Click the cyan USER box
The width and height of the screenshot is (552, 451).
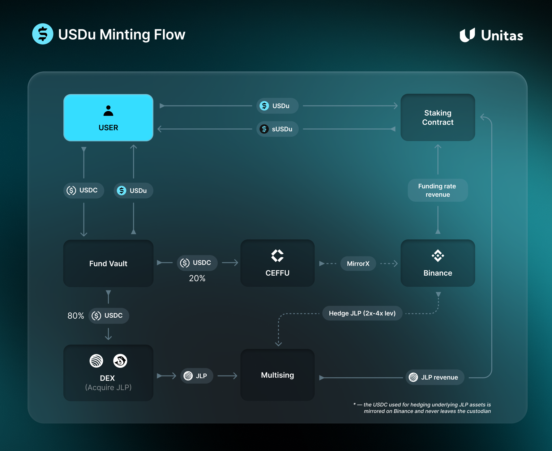coord(108,118)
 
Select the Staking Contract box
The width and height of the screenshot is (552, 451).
coord(438,118)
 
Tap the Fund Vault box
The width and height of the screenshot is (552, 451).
coord(108,263)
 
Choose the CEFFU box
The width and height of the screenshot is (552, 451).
coord(277,263)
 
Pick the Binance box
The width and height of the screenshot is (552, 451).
coord(438,263)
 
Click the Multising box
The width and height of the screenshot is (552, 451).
coord(277,375)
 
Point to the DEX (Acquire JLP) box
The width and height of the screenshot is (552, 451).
coord(108,373)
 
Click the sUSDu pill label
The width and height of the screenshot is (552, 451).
coord(277,129)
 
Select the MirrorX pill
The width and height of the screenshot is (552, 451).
coord(358,264)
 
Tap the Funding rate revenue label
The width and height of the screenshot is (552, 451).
coord(438,190)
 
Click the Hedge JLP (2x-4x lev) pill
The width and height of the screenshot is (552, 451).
coord(362,313)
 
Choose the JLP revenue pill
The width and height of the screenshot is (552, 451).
coord(434,377)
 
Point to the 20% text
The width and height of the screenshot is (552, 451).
coord(197,278)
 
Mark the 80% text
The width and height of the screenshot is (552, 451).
coord(76,316)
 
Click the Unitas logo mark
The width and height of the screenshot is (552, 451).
coord(467,35)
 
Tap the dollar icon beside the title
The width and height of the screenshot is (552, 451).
coord(43,34)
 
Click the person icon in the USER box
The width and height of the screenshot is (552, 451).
coord(108,111)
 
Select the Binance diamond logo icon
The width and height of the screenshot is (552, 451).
coord(438,256)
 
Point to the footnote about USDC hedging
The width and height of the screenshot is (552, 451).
coord(424,408)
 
